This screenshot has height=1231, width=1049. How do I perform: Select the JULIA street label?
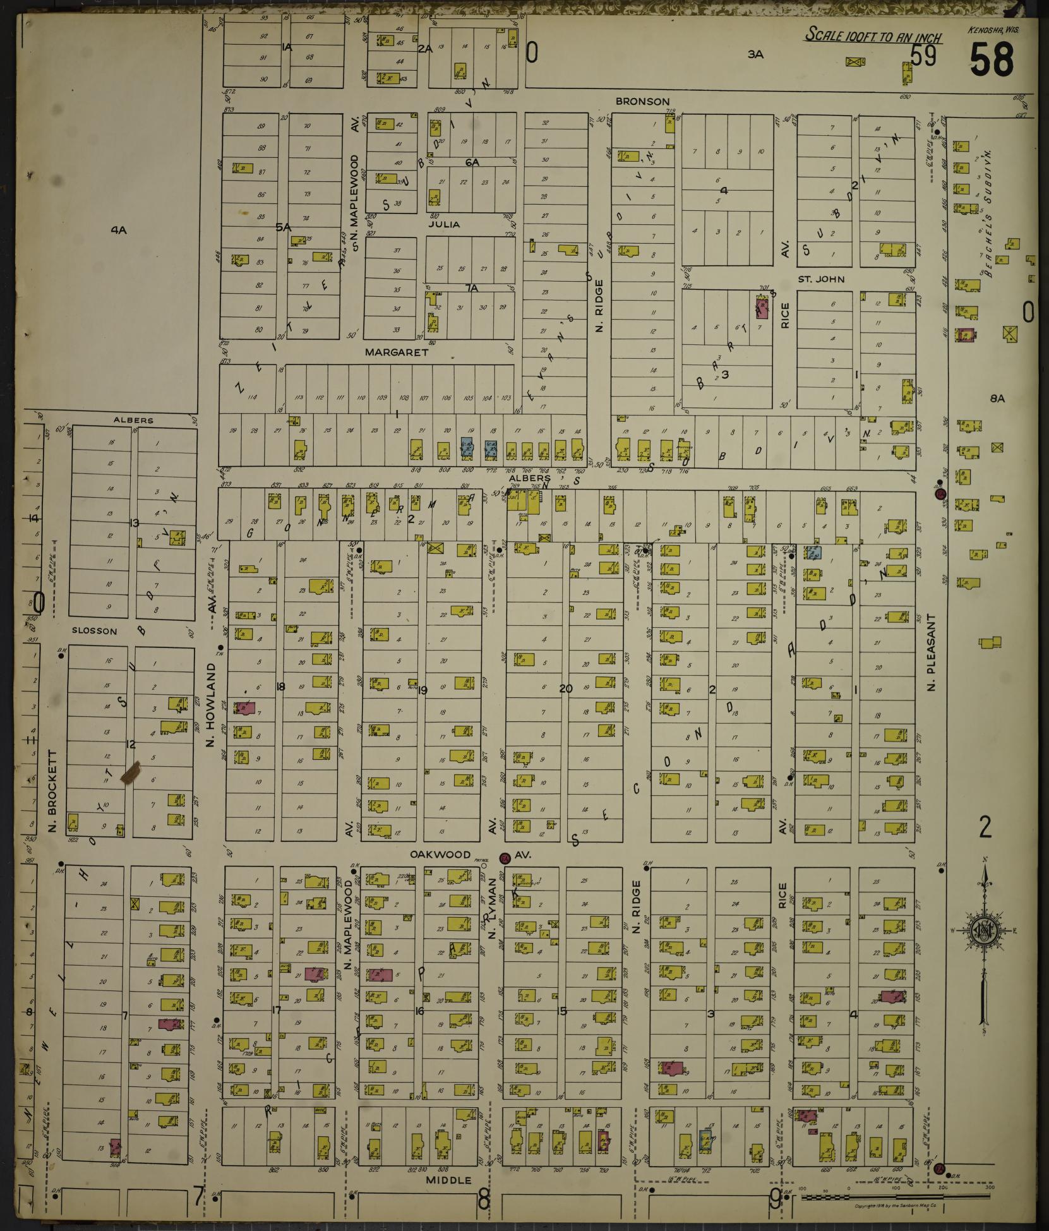(443, 224)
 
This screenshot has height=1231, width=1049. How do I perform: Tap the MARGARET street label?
(397, 352)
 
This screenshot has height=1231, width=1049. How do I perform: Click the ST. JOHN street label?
(820, 279)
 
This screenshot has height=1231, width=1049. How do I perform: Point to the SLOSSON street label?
(94, 630)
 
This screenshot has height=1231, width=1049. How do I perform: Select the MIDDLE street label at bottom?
(448, 1180)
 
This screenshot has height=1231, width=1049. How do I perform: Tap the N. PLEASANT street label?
(931, 651)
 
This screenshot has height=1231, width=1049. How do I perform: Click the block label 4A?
(119, 231)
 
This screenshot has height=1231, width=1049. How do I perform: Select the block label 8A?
(997, 399)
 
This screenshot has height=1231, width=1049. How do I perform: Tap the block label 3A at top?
(755, 54)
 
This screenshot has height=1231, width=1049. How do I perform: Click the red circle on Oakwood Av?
(505, 858)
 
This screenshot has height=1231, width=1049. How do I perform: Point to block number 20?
(565, 689)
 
